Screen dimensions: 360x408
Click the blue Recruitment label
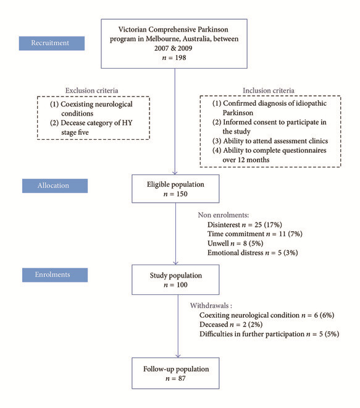pyautogui.click(x=52, y=43)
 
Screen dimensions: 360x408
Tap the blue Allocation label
pyautogui.click(x=55, y=185)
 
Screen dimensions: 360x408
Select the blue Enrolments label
pyautogui.click(x=55, y=274)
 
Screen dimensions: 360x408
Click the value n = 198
pyautogui.click(x=174, y=57)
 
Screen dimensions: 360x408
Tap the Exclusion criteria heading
pyautogui.click(x=91, y=90)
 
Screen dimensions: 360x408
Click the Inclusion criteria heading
pyautogui.click(x=269, y=90)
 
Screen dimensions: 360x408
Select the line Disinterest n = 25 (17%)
pyautogui.click(x=245, y=224)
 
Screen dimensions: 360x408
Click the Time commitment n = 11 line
pyautogui.click(x=255, y=234)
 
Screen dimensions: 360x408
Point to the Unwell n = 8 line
pyautogui.click(x=235, y=244)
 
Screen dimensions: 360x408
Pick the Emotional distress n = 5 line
pyautogui.click(x=253, y=253)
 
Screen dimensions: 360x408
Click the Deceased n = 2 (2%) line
pyautogui.click(x=231, y=325)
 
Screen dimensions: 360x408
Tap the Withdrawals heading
pyautogui.click(x=211, y=305)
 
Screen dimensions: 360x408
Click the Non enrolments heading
pyautogui.click(x=224, y=215)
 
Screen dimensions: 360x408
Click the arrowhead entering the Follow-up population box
pyautogui.click(x=178, y=355)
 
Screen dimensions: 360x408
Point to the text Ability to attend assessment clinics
pyautogui.click(x=275, y=141)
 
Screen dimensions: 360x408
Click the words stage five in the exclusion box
pyautogui.click(x=75, y=132)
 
